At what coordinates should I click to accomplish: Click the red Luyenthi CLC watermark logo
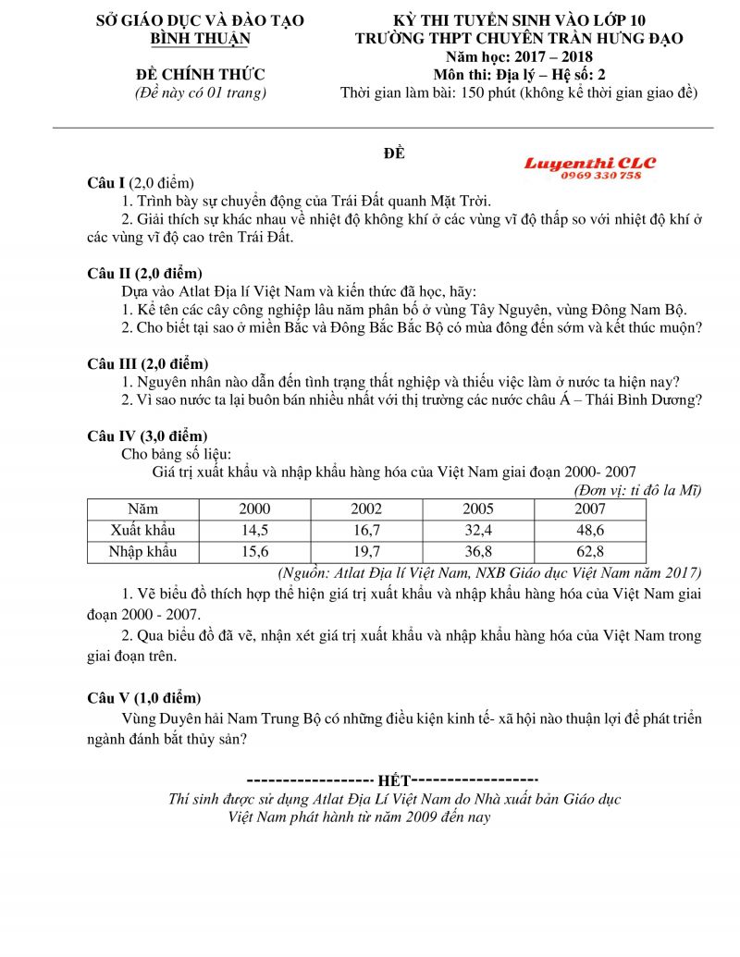coord(590,163)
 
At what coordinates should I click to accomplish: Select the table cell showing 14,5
coord(254,531)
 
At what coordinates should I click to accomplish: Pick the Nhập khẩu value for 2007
coord(590,552)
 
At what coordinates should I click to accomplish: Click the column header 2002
coord(366,509)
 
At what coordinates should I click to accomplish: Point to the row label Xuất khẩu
coord(142,531)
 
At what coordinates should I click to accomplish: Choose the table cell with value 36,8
coord(478,552)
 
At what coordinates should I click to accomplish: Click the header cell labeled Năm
coord(142,509)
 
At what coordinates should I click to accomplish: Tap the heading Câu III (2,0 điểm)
coord(147,363)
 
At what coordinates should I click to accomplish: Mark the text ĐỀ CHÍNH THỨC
coord(201,75)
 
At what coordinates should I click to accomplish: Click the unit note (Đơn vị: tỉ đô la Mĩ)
coord(637,490)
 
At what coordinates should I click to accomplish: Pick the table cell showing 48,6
coord(590,531)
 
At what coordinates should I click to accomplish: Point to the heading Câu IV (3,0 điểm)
coord(147,436)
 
